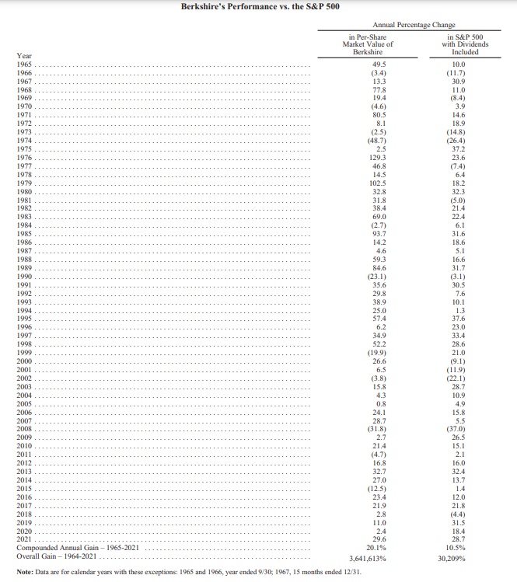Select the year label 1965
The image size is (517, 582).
point(24,64)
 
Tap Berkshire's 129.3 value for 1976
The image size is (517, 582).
point(379,158)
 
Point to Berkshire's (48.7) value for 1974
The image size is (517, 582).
point(379,141)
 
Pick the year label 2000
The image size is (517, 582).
point(24,361)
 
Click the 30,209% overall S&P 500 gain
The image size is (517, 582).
point(456,558)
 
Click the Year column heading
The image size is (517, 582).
point(24,55)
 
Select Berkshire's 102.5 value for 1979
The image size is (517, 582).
point(379,183)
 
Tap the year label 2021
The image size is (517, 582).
point(24,540)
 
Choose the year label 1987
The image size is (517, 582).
point(24,251)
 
